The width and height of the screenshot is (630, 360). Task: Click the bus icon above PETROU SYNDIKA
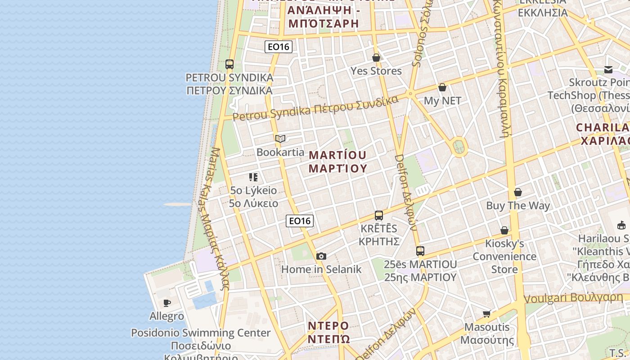coord(229,64)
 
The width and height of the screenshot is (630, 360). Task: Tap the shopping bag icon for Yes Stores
coord(376,58)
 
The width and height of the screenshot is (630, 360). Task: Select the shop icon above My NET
coord(442,87)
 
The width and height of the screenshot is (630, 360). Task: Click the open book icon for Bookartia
coord(280,139)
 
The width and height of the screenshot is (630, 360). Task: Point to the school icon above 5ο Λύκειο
coord(253,177)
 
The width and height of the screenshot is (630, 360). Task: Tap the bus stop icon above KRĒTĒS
coord(379,215)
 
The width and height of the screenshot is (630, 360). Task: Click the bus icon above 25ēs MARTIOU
coord(420,251)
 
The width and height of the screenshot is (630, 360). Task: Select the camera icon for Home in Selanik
coord(321,256)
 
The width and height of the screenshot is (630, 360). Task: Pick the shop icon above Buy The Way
coord(518,192)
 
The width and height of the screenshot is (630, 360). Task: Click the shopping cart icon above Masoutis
coord(486,314)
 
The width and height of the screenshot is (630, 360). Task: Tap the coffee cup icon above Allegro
coord(166,303)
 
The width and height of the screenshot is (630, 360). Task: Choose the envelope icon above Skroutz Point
coord(608,69)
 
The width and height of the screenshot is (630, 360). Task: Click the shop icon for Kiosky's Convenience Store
coord(504,230)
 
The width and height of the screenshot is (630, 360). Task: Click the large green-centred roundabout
coord(459,146)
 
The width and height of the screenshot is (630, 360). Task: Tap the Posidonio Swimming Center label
coord(201,333)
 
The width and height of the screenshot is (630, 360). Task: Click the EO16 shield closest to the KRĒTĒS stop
coord(300,220)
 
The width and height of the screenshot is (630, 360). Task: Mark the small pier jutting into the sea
coord(178,204)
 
